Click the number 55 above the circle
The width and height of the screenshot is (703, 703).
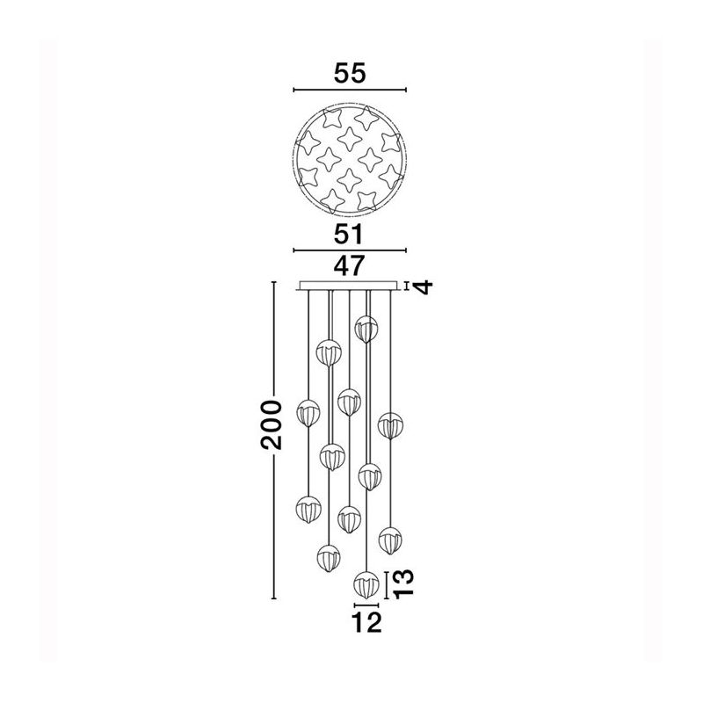point(350,73)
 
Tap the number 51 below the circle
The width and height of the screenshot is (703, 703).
point(349,234)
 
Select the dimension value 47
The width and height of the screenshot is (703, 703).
point(349,266)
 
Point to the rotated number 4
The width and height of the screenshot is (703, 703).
point(424,286)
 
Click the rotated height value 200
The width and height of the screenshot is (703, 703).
point(272,424)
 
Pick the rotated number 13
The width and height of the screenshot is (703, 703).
point(402,583)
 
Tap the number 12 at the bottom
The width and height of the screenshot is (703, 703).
point(366,622)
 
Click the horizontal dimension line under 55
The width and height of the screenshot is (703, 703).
point(350,90)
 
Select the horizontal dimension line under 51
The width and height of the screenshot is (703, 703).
point(350,250)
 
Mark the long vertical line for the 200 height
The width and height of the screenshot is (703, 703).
point(274,440)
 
